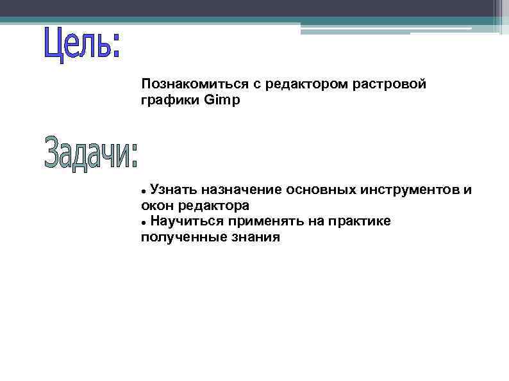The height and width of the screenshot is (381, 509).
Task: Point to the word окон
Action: (x=154, y=206)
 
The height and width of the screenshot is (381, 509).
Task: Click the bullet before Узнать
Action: (x=144, y=191)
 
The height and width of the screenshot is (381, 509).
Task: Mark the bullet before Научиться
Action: (x=144, y=223)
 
